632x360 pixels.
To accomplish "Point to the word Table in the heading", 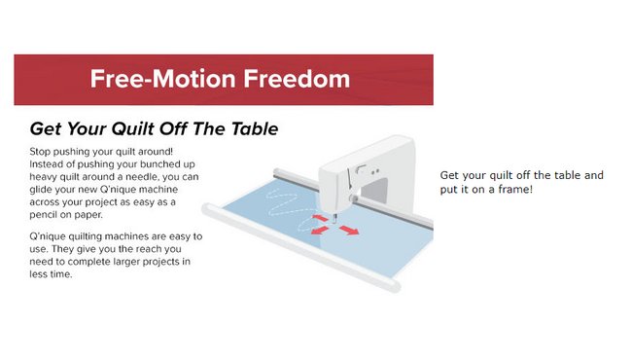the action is point(255,128).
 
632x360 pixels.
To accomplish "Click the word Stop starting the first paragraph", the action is point(40,152).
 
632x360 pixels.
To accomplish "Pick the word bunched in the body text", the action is point(158,164).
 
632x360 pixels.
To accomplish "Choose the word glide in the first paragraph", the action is point(41,190).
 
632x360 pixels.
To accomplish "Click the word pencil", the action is point(44,215).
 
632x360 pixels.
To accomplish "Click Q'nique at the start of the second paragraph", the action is point(48,236).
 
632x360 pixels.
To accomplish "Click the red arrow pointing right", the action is point(349,231).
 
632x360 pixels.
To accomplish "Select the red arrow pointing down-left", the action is point(320,231).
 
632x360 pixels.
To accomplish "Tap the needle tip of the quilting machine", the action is point(334,223).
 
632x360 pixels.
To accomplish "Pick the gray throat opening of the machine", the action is point(376,191).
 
